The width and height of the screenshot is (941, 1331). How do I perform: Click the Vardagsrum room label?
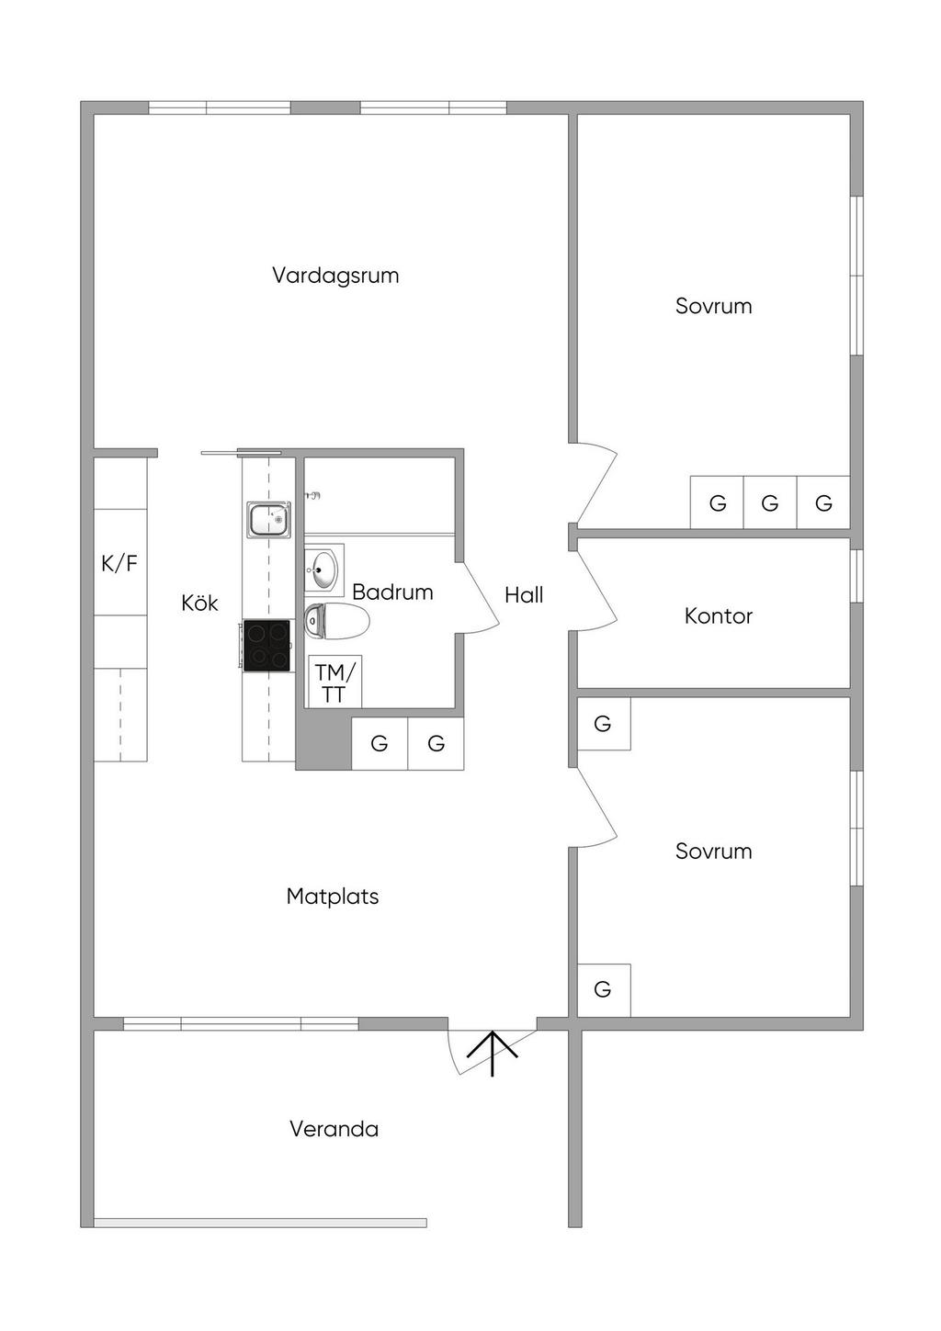335,276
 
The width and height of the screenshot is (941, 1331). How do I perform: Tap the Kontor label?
718,615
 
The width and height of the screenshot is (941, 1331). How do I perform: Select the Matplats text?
333,896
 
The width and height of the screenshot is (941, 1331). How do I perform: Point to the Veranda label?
334,1129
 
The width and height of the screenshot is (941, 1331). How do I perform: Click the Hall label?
524,595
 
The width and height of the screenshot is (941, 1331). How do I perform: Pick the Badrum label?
392,592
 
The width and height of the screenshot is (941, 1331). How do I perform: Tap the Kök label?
199,603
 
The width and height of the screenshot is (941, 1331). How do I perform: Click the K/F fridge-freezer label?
119,563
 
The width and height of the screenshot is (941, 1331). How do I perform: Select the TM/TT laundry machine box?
334,682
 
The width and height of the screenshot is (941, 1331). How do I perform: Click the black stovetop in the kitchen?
266,646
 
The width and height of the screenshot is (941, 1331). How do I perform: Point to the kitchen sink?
269,519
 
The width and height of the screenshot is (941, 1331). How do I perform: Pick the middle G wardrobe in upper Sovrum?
770,502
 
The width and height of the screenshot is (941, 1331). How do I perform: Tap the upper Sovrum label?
713,306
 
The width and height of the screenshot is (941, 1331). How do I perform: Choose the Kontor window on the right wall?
856,576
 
